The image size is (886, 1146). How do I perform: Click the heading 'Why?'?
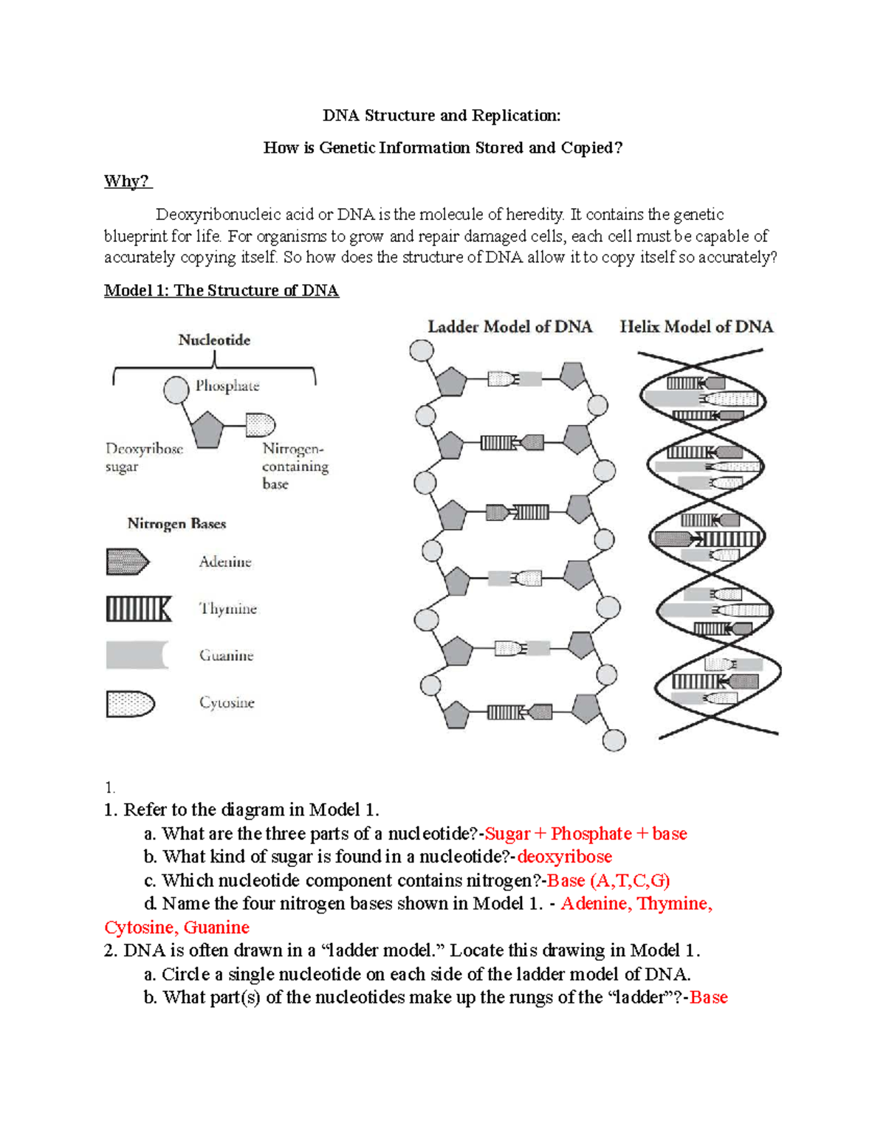pos(126,181)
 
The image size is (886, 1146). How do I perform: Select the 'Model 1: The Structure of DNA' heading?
pos(221,290)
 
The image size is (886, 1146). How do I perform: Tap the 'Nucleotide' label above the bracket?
pos(214,340)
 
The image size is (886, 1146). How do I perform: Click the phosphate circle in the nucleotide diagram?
pos(176,390)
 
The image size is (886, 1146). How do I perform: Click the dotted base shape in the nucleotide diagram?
pos(260,425)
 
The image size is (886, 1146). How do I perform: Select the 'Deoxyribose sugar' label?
pos(143,458)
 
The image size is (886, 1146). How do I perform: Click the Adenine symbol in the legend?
pos(127,562)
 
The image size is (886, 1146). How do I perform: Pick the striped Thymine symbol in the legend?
pos(138,609)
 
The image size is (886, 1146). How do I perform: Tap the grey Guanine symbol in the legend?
pos(137,655)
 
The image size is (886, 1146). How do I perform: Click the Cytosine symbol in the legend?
pos(130,704)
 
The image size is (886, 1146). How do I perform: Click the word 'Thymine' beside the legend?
pos(227,609)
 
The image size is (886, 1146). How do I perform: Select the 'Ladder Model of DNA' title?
pos(509,327)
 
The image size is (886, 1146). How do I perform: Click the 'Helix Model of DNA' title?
pos(696,327)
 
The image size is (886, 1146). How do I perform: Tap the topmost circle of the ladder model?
pos(422,351)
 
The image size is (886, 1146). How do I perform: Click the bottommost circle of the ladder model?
pos(614,740)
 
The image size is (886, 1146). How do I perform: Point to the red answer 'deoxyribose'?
pos(564,857)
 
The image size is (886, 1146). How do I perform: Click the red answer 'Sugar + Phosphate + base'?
pos(585,834)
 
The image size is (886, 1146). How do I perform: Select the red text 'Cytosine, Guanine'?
pos(176,928)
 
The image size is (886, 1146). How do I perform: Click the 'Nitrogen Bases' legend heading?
pos(176,524)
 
